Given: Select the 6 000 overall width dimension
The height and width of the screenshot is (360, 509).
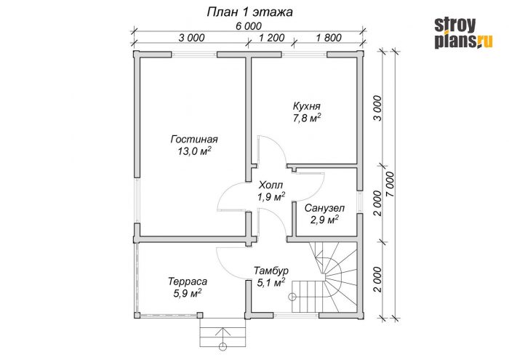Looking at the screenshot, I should (x=248, y=25).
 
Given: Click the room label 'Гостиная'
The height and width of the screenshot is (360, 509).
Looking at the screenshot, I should (x=194, y=139).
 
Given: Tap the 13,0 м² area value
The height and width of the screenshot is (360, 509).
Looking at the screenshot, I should (x=194, y=151).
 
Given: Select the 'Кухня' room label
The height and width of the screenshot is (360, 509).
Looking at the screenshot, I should (x=306, y=104).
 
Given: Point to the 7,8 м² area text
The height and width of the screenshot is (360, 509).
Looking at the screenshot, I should (x=307, y=116).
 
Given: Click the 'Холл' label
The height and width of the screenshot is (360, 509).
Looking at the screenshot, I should (x=270, y=185).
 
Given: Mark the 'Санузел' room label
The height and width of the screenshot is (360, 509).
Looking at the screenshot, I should (x=324, y=208).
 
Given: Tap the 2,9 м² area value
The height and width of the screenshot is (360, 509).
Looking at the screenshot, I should (x=324, y=220).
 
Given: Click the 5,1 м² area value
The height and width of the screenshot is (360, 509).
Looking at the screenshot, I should (x=269, y=283).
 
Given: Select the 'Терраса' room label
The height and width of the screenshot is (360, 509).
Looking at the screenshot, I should (x=188, y=281).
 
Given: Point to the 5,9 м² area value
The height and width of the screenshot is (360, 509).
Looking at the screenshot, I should (x=188, y=293).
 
